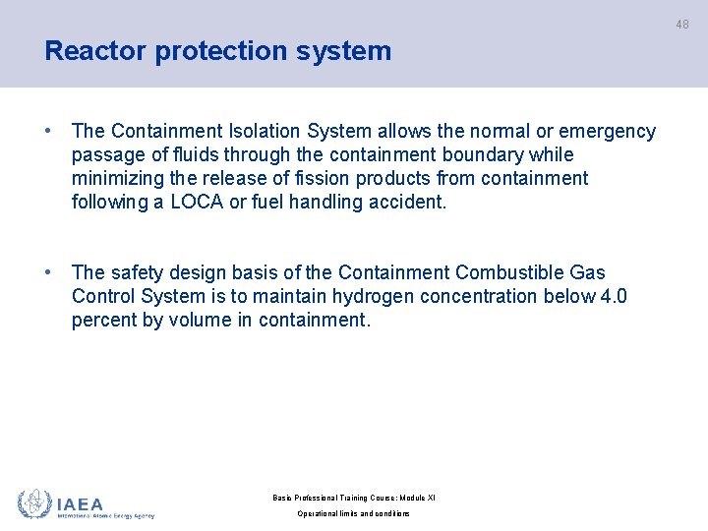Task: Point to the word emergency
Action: pyautogui.click(x=607, y=131)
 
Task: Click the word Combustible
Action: pyautogui.click(x=499, y=272)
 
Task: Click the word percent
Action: pyautogui.click(x=103, y=320)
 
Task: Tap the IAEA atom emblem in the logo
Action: pyautogui.click(x=34, y=503)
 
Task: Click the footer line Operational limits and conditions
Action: pyautogui.click(x=354, y=513)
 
